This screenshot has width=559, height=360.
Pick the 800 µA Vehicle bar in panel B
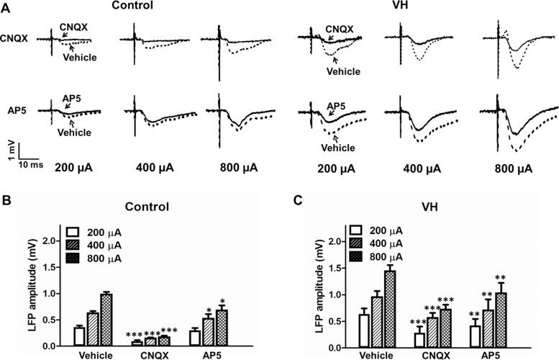coord(107,320)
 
